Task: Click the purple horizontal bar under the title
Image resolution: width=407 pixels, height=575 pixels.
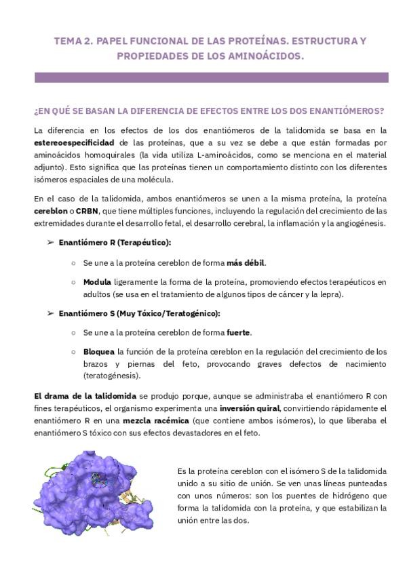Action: click(x=211, y=78)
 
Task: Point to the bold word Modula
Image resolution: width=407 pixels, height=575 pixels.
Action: click(x=97, y=281)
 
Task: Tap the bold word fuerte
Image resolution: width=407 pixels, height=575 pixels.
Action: click(x=238, y=332)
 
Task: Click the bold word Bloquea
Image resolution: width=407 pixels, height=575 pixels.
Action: click(x=99, y=352)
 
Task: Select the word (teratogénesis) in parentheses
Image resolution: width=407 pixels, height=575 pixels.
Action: click(x=112, y=376)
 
